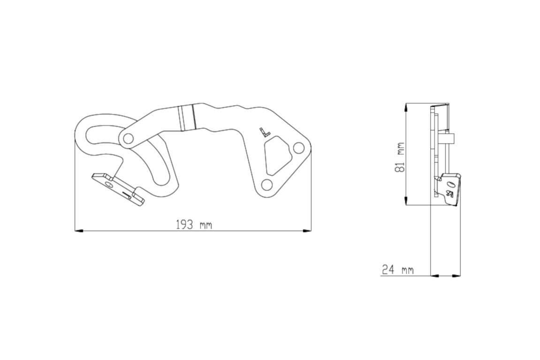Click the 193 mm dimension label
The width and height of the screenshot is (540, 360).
(x=194, y=225)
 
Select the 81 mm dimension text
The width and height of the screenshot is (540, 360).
(x=400, y=157)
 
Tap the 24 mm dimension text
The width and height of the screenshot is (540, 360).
(x=398, y=270)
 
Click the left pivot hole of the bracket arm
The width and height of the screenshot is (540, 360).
(x=127, y=138)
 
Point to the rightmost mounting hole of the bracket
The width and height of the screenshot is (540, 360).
(x=298, y=148)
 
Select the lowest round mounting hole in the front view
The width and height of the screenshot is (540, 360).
(x=266, y=184)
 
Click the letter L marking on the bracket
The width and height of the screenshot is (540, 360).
(x=265, y=132)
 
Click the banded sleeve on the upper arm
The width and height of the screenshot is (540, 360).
(x=186, y=118)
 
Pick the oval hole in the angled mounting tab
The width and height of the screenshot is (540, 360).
(x=109, y=184)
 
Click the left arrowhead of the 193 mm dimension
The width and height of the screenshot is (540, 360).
(x=79, y=231)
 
